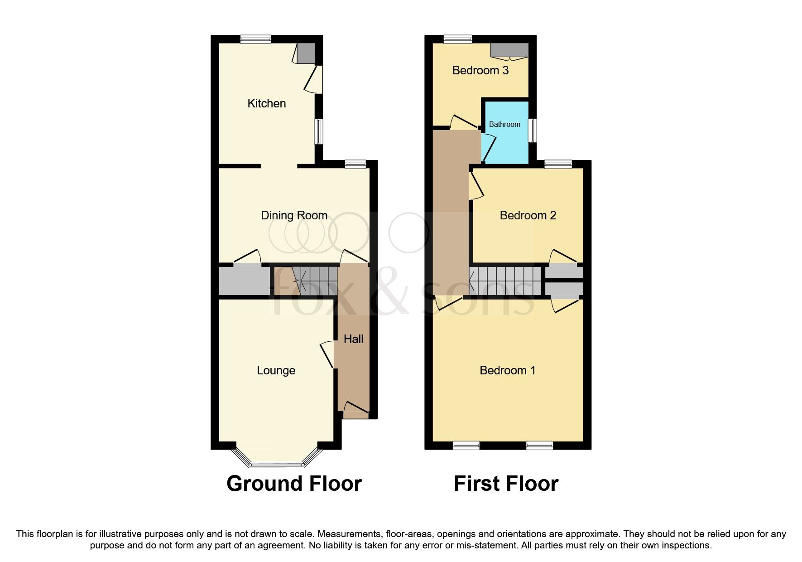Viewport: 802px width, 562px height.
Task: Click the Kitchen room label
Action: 266,103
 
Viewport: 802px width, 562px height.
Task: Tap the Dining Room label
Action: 294,215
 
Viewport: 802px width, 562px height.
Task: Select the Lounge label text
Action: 276,370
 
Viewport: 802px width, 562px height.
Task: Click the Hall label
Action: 353,339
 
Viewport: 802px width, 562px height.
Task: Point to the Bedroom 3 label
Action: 480,70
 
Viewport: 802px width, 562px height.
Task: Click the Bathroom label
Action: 504,124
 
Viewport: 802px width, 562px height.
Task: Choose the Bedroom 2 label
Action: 528,215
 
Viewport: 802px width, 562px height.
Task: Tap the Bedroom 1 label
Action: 507,370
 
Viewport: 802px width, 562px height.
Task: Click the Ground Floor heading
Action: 294,484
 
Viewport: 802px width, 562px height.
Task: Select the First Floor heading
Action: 506,484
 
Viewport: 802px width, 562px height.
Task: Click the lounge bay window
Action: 276,463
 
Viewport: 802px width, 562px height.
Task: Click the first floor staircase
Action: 505,281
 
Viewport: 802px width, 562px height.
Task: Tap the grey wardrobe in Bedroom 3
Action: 510,50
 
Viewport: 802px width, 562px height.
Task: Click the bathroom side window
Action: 533,131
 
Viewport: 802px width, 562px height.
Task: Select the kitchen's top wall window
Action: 255,39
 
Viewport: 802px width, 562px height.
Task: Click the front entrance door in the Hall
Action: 356,410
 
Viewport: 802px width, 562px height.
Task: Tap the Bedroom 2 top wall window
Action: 558,164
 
